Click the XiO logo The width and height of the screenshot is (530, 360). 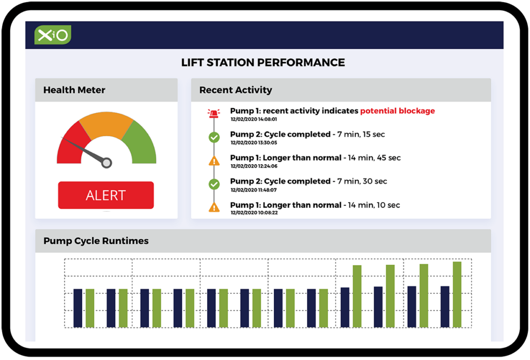[x=53, y=35]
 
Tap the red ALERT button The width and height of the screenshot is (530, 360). [x=106, y=195]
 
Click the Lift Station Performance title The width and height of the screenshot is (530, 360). [x=263, y=63]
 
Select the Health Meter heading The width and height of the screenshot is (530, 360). [x=74, y=90]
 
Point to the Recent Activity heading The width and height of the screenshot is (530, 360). [x=235, y=90]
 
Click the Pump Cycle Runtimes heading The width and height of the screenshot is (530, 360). [x=96, y=241]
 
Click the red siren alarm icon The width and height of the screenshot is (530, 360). [x=214, y=113]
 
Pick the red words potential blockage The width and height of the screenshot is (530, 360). [x=397, y=111]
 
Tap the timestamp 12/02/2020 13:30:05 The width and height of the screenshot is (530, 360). [x=254, y=143]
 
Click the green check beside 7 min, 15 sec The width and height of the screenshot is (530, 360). [x=214, y=137]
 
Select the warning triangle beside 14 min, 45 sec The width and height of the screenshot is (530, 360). [x=214, y=161]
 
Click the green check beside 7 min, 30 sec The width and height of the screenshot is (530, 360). [x=214, y=184]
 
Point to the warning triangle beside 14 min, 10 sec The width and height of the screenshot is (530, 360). [x=214, y=207]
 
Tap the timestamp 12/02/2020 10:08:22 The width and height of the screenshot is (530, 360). [x=254, y=213]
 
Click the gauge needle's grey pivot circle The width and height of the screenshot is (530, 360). [x=107, y=163]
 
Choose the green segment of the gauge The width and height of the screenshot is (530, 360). [x=140, y=144]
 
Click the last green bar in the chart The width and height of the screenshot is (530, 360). [x=457, y=294]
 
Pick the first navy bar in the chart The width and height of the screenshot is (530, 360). [x=78, y=308]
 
